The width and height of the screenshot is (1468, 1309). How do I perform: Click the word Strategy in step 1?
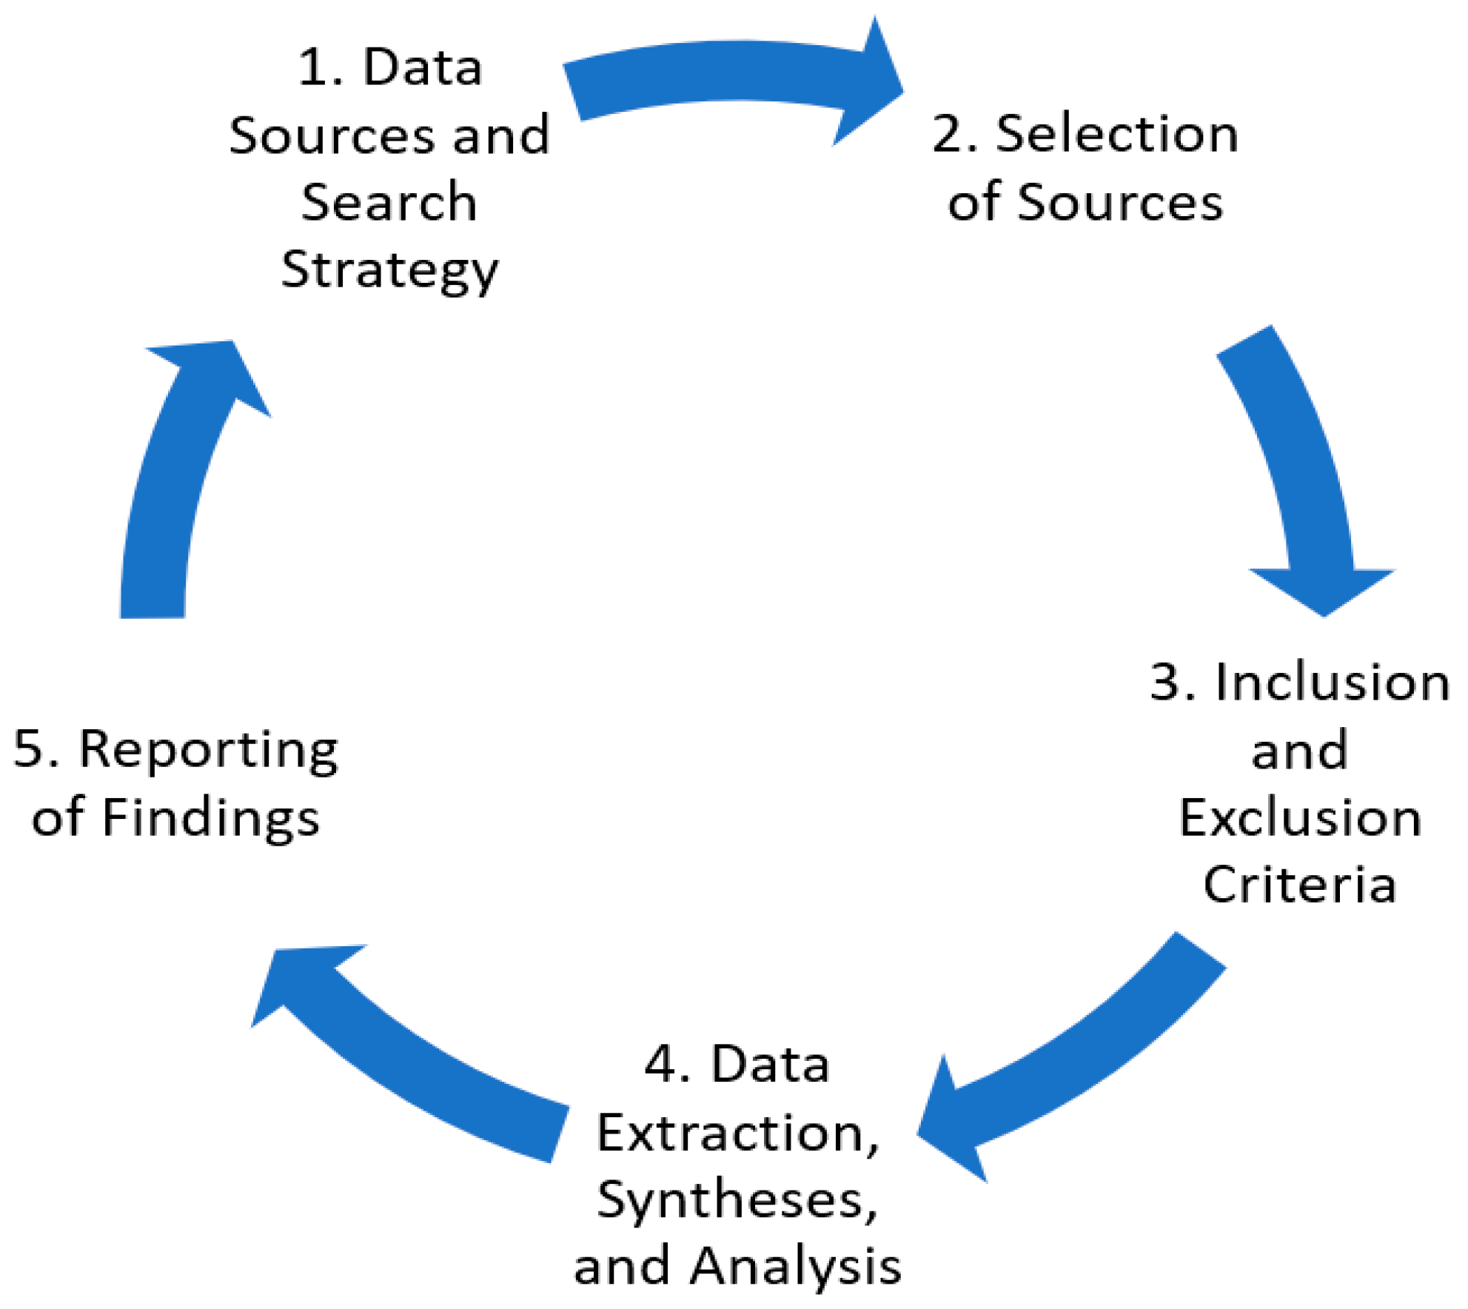pyautogui.click(x=390, y=271)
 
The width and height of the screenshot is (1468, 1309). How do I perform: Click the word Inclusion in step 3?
pyautogui.click(x=1333, y=682)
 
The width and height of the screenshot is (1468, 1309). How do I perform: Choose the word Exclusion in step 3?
pyautogui.click(x=1300, y=818)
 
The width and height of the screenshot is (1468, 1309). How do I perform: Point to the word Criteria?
pyautogui.click(x=1300, y=885)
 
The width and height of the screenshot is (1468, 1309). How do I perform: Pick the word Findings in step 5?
pyautogui.click(x=211, y=818)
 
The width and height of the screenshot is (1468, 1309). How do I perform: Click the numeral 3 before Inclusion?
pyautogui.click(x=1166, y=682)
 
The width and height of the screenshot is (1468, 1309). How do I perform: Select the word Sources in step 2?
pyautogui.click(x=1120, y=202)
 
